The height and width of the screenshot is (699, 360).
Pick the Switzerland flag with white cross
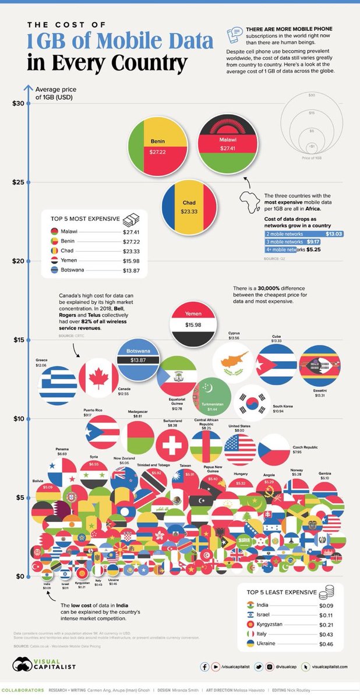tap(172, 446)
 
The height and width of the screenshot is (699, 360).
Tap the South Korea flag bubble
tap(252, 403)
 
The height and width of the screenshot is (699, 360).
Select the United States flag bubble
tap(240, 449)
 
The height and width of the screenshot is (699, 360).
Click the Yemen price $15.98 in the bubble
tap(193, 324)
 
